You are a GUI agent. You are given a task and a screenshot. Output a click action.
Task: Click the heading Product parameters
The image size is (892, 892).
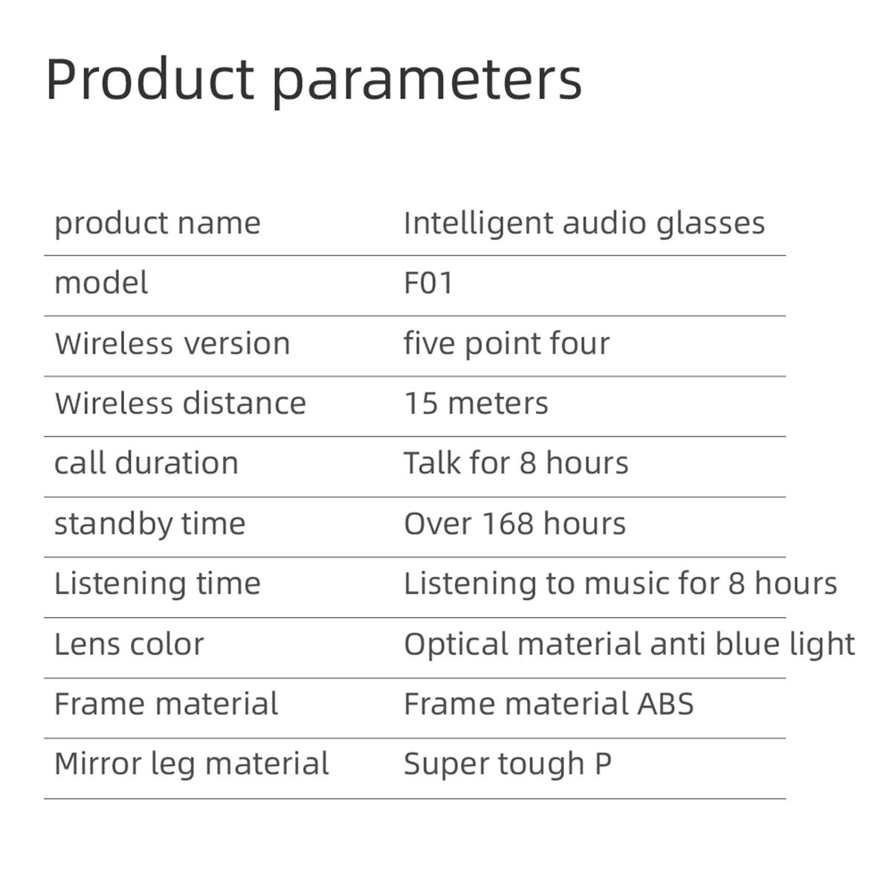coord(314,80)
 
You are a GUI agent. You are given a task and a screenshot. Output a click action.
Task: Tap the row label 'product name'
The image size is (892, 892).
coord(158,224)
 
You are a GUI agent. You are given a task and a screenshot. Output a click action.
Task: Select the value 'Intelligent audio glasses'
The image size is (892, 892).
coord(584,224)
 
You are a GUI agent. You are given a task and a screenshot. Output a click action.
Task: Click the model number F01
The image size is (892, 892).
coord(428,282)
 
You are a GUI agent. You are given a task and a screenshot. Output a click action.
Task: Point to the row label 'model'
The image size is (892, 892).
coord(101,282)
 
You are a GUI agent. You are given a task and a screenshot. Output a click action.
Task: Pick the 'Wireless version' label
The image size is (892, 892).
coord(172,343)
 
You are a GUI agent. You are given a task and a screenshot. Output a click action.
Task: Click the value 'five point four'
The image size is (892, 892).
coord(506,344)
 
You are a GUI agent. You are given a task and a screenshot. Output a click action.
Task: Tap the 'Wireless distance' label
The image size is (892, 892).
coord(180,403)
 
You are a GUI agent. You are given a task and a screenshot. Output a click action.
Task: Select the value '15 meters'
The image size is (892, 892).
coord(476,403)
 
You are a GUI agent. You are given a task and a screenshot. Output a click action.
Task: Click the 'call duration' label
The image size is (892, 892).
coord(146,463)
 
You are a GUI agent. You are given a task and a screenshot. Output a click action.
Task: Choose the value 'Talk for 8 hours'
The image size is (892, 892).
coord(516,463)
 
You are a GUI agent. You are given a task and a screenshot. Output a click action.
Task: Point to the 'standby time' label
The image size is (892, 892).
coord(149,525)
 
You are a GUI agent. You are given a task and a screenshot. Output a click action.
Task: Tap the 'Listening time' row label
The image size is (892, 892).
coord(158,584)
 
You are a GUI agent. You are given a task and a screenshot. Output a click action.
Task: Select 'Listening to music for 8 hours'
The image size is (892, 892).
coord(620,584)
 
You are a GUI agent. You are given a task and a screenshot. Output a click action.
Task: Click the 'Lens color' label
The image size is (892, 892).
coord(129,644)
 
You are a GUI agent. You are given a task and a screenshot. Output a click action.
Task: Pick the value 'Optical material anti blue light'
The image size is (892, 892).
coord(629,644)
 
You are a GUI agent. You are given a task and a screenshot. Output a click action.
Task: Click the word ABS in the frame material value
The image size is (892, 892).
coord(665,704)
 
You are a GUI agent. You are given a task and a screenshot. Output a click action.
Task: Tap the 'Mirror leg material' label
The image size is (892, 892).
coord(192,765)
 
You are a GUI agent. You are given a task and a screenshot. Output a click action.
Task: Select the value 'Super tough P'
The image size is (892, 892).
coord(508,765)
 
